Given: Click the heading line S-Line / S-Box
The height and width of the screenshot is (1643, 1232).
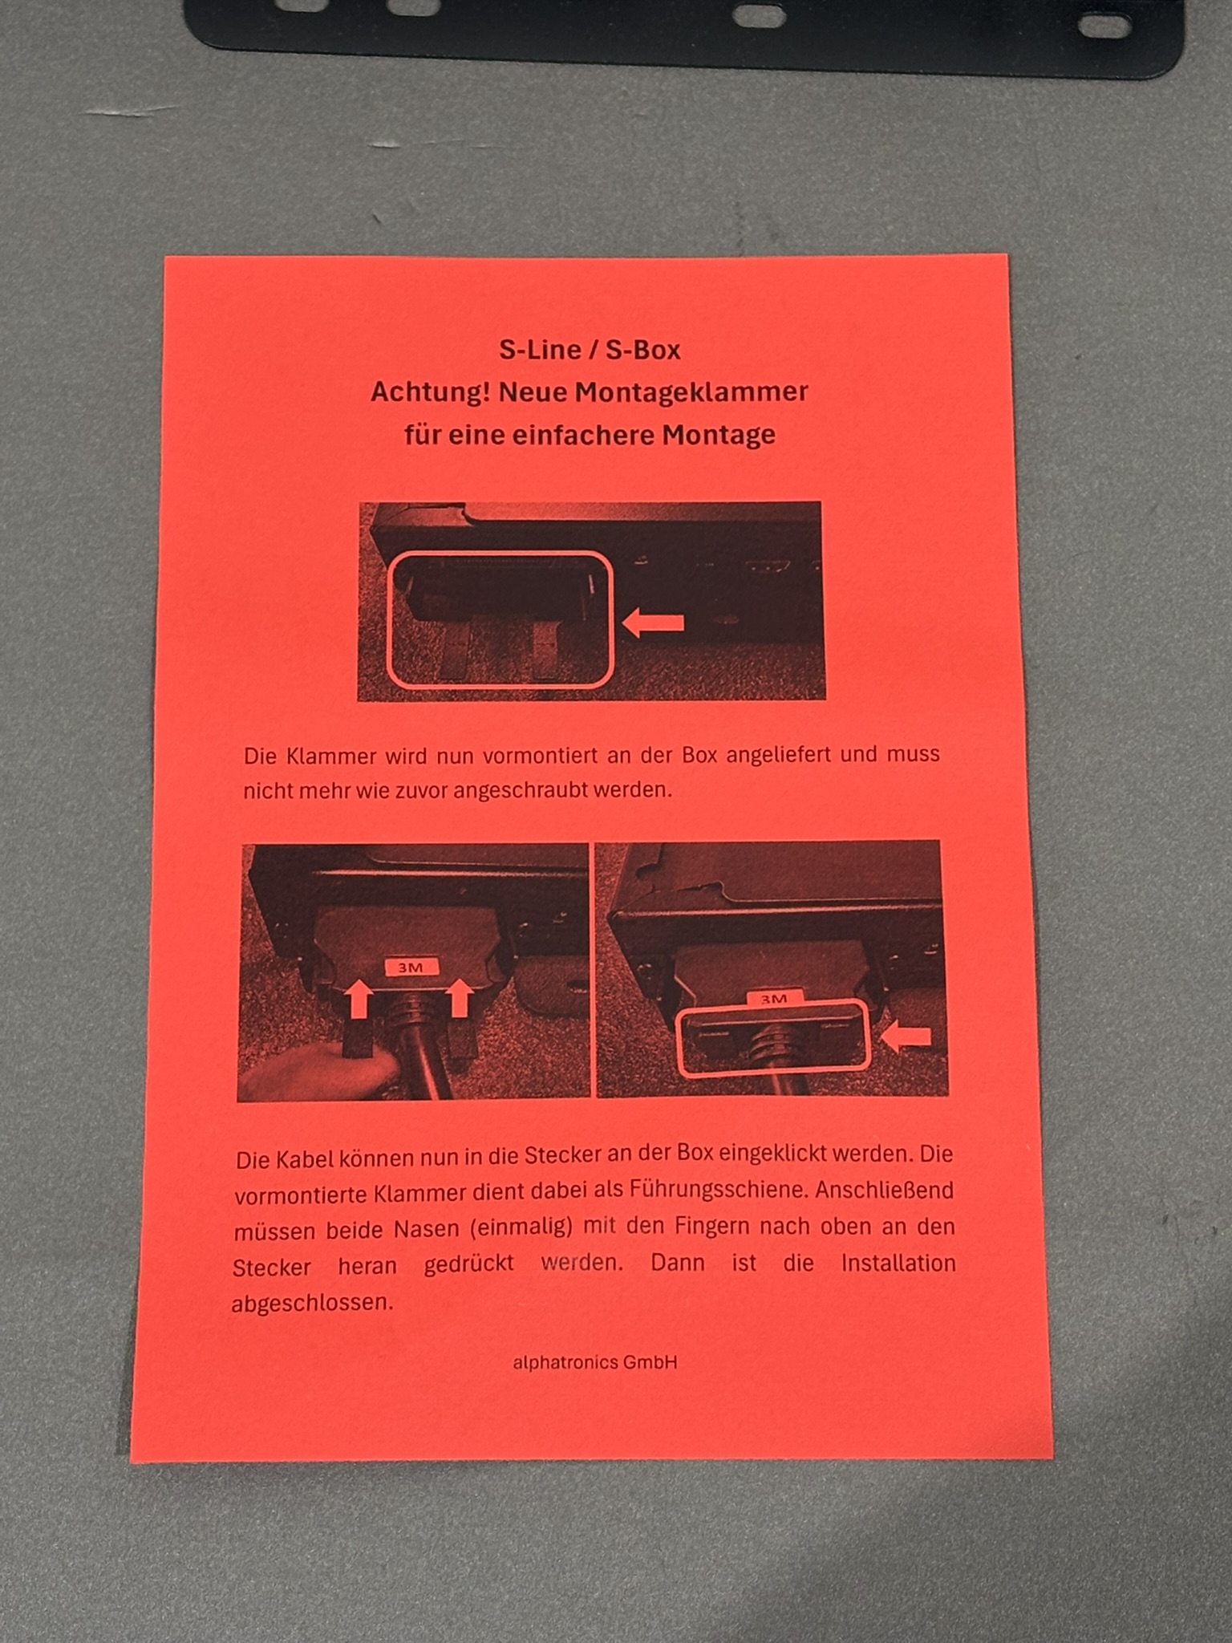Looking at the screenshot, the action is pos(590,351).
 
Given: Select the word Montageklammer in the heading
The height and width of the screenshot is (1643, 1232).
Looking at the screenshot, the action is pos(691,392).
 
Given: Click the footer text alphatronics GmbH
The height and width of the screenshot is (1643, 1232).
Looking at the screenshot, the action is pos(595,1363).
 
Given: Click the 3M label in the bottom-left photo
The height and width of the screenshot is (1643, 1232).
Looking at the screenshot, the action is pos(411,968).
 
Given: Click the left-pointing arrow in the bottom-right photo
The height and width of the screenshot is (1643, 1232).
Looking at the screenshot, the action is pos(906,1037).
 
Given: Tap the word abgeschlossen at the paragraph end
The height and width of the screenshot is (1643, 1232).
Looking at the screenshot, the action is pos(312,1302).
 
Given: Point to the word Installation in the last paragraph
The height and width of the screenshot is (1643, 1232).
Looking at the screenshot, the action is pos(898,1264).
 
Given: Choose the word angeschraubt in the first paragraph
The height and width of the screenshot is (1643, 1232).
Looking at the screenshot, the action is pos(521,790).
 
